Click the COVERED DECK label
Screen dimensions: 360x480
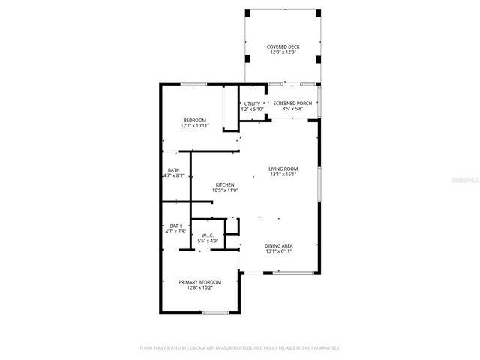(x=282, y=46)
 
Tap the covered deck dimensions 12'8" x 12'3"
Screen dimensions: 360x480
(x=282, y=52)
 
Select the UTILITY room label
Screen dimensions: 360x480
(x=252, y=103)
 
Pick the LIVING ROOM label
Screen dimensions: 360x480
(x=283, y=169)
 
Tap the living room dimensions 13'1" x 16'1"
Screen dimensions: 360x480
(x=283, y=175)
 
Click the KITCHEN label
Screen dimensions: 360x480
(x=225, y=184)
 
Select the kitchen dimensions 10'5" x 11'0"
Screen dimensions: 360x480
(x=225, y=190)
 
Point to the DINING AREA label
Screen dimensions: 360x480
(x=278, y=245)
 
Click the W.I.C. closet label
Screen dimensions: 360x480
(x=208, y=235)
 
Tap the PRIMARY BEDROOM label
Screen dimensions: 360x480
(x=199, y=281)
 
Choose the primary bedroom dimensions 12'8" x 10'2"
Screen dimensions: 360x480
(x=199, y=287)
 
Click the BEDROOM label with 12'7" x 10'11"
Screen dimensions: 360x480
(x=195, y=120)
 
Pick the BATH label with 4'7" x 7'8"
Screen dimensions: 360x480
(x=175, y=226)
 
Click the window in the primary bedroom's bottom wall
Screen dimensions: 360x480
(x=215, y=312)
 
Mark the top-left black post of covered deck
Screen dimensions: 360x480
(x=248, y=13)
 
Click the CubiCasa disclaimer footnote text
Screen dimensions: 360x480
(x=240, y=348)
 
